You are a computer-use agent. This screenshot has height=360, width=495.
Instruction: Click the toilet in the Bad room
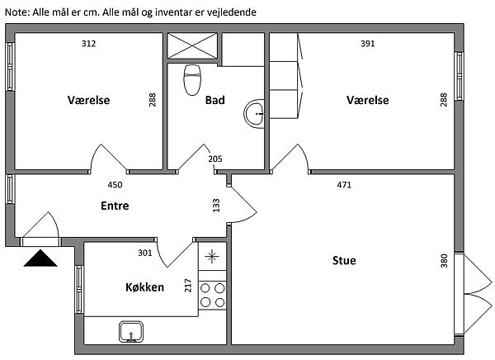coord(192,80)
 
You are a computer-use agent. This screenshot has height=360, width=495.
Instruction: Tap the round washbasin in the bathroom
coord(254,113)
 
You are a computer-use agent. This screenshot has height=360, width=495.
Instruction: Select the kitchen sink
coord(131,332)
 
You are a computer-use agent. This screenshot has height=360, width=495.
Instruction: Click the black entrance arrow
coord(40,258)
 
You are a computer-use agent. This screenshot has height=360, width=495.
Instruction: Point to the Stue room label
coord(344,260)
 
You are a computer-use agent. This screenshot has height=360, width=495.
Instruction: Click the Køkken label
coord(145,287)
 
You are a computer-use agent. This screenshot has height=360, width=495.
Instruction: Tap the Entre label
coord(115,206)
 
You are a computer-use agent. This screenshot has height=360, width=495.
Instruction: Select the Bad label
coord(215,100)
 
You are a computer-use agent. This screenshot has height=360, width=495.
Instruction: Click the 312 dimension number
coord(89,43)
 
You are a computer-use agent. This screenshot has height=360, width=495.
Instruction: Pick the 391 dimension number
coord(368,43)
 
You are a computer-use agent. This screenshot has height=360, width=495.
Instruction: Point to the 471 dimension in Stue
coord(344,185)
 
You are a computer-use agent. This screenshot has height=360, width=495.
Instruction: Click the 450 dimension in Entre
coord(115,185)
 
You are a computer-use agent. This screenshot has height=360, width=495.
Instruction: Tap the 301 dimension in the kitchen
coord(145,253)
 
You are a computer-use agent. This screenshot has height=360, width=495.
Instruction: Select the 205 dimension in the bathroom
coord(215,159)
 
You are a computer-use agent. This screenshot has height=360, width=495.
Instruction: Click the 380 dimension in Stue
coord(444,261)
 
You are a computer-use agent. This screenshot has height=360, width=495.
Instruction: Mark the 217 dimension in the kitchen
coord(188,286)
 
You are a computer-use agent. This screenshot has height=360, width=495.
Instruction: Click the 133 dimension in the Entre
coord(216,206)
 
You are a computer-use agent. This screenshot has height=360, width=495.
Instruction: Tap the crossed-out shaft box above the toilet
coord(192,46)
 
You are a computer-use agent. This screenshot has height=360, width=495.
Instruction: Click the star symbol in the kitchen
coord(212,256)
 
